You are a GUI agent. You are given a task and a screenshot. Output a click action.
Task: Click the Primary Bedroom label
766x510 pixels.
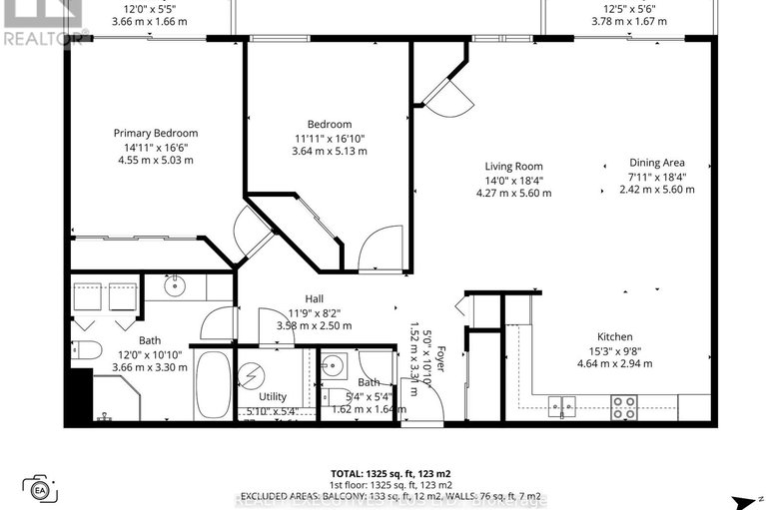[155, 134]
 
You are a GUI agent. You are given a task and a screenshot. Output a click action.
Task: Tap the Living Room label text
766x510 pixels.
[513, 167]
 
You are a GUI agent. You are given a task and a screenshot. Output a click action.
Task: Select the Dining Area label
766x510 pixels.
[656, 163]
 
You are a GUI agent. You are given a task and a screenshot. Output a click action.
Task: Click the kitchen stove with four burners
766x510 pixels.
[624, 406]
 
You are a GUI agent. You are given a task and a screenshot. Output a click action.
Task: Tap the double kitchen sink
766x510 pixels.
[563, 405]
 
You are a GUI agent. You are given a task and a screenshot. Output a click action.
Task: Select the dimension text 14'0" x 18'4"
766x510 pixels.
[513, 180]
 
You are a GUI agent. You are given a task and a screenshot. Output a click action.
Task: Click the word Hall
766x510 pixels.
[314, 298]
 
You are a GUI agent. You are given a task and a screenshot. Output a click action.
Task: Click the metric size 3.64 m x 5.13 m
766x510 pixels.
[330, 152]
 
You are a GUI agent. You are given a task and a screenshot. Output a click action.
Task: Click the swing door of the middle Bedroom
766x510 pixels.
[380, 249]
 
